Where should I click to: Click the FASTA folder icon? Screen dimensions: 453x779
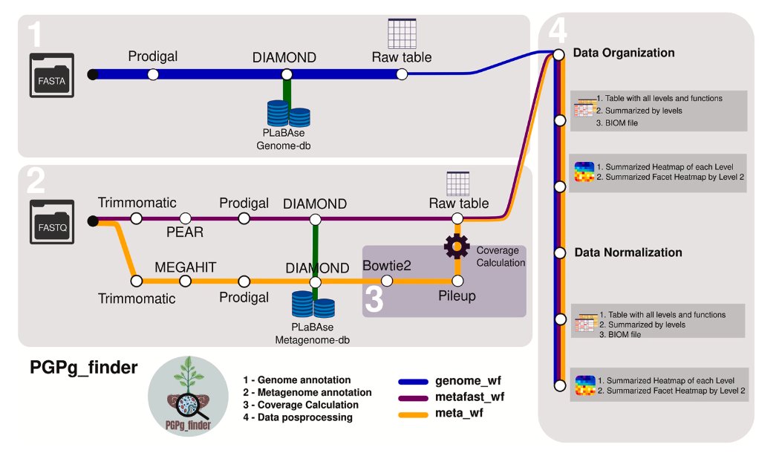[52, 75]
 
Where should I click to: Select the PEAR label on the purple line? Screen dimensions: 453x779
[185, 232]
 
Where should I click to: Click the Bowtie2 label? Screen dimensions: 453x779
[387, 266]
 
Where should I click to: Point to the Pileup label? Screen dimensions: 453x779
[456, 296]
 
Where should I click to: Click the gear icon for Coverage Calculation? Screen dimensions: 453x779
[456, 245]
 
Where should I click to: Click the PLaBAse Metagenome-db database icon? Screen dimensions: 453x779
[312, 305]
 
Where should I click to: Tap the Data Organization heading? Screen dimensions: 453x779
[623, 53]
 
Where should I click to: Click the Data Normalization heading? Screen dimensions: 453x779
[628, 252]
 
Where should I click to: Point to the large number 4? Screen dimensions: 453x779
[558, 32]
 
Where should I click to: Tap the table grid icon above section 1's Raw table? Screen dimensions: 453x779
[402, 32]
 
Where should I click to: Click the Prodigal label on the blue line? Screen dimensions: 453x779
[153, 56]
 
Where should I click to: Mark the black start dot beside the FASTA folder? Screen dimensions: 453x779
[92, 74]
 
